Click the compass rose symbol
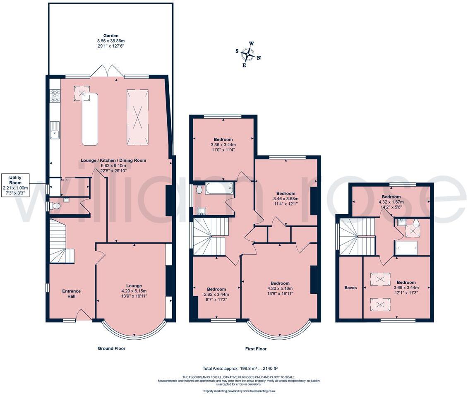(x=248, y=54)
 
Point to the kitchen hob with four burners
(x=55, y=96)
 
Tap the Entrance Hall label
(x=71, y=293)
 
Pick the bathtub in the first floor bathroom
(x=220, y=189)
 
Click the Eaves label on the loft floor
(x=350, y=288)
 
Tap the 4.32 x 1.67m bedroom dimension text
(x=391, y=202)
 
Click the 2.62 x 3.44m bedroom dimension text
(x=216, y=295)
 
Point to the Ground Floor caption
(x=111, y=348)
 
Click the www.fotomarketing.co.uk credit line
(x=239, y=391)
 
